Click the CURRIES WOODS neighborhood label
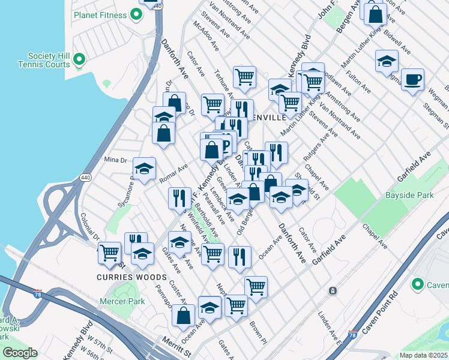(x=131, y=277)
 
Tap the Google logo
(x=20, y=353)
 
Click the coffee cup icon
(x=412, y=80)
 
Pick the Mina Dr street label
(x=116, y=160)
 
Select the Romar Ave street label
(x=173, y=173)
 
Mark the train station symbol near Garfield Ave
(x=332, y=291)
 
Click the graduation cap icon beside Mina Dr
(x=144, y=169)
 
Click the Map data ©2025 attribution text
(x=424, y=355)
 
